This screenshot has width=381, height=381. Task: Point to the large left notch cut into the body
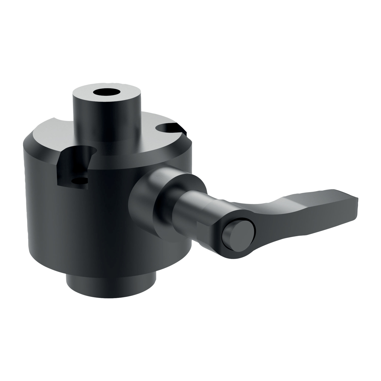pos(74,168)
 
